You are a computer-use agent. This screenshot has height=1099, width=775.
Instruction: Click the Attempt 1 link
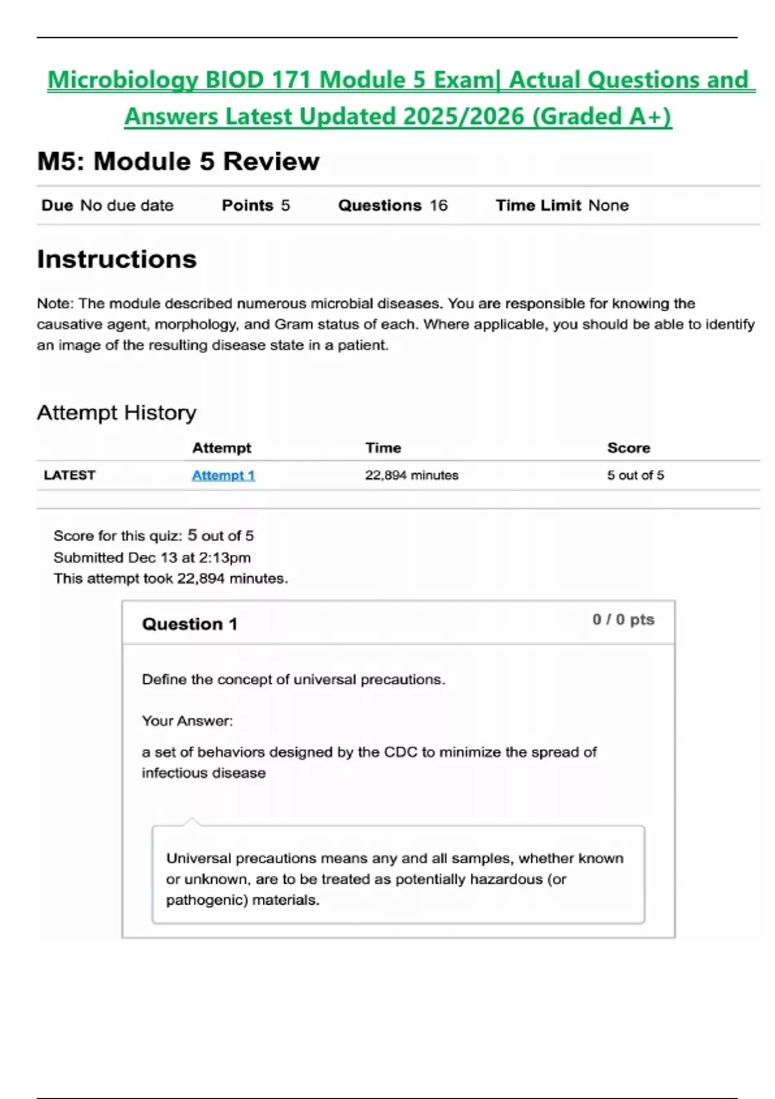pos(223,475)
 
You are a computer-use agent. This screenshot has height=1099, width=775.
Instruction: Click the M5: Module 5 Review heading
pos(178,162)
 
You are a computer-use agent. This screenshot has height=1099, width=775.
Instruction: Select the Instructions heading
pos(117,259)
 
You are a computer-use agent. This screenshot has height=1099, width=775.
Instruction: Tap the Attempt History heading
pos(116,412)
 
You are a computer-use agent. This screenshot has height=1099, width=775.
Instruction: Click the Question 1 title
pos(189,624)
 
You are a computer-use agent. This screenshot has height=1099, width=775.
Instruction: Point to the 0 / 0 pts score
pos(623,619)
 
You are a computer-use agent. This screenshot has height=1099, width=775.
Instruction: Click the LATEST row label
pos(69,475)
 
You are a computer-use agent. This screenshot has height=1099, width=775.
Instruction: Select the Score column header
pos(628,447)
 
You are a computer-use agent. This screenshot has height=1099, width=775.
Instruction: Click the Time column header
pos(383,447)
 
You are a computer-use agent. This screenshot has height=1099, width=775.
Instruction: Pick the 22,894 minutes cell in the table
pos(411,475)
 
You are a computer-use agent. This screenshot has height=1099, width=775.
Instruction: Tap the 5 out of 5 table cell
pos(635,475)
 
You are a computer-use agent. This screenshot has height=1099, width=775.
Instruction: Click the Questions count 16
pos(439,206)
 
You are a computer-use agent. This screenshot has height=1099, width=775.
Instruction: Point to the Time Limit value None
pos(608,206)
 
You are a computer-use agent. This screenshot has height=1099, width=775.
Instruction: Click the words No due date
pos(127,206)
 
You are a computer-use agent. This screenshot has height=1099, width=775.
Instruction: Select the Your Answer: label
pos(187,721)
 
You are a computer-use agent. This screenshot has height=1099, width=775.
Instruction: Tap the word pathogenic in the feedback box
pos(203,900)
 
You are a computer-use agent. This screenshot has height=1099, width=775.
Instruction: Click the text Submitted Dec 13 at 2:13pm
pos(152,557)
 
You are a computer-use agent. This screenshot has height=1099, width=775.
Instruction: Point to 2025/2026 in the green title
pos(463,116)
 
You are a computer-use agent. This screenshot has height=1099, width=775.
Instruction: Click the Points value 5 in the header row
pos(285,206)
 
